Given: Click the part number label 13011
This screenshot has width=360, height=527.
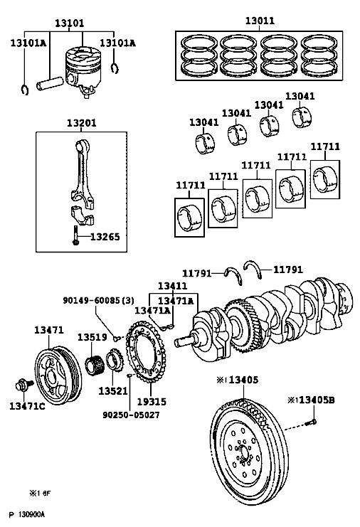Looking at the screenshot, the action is (x=260, y=21).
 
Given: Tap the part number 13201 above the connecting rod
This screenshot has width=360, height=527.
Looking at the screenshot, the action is (x=82, y=123).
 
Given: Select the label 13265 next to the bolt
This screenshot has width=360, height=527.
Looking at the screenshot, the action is (x=105, y=237).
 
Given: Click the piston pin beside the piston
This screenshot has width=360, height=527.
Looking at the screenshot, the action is (x=50, y=84).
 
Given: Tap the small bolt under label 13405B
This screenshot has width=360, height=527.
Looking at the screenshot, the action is (x=311, y=422).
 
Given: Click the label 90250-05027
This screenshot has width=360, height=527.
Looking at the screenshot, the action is (x=131, y=415).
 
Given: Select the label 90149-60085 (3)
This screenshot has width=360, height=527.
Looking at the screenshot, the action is (x=98, y=300).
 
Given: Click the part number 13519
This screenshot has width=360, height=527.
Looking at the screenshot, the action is (x=92, y=337).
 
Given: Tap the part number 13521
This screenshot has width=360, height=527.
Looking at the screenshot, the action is (x=113, y=391).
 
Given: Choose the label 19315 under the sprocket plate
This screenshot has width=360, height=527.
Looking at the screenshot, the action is (x=152, y=401).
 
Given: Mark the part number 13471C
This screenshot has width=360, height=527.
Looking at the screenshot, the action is (x=27, y=406).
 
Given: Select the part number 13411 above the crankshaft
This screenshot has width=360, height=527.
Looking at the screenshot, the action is (x=172, y=286).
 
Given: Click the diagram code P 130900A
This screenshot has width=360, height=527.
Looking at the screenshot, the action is (x=27, y=515).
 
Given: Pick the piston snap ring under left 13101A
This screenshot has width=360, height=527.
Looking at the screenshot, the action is (x=24, y=90).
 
